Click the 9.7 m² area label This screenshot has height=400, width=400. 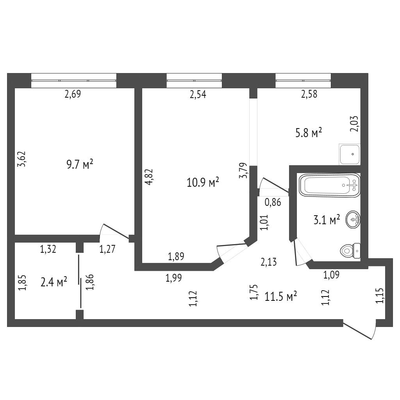pos(80,164)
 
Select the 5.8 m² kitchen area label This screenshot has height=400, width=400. pos(309,133)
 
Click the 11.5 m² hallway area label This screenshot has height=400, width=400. pos(281,296)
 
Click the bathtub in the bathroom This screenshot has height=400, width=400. pos(329,185)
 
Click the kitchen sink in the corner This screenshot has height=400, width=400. pos(350,154)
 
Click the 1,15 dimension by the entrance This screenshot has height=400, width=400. pos(379,295)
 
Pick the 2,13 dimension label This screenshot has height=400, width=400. pos(269,262)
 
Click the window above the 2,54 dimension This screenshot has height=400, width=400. pos(194,81)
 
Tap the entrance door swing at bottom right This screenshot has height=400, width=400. pos(360,330)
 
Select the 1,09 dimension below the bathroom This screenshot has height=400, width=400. pos(332,275)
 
